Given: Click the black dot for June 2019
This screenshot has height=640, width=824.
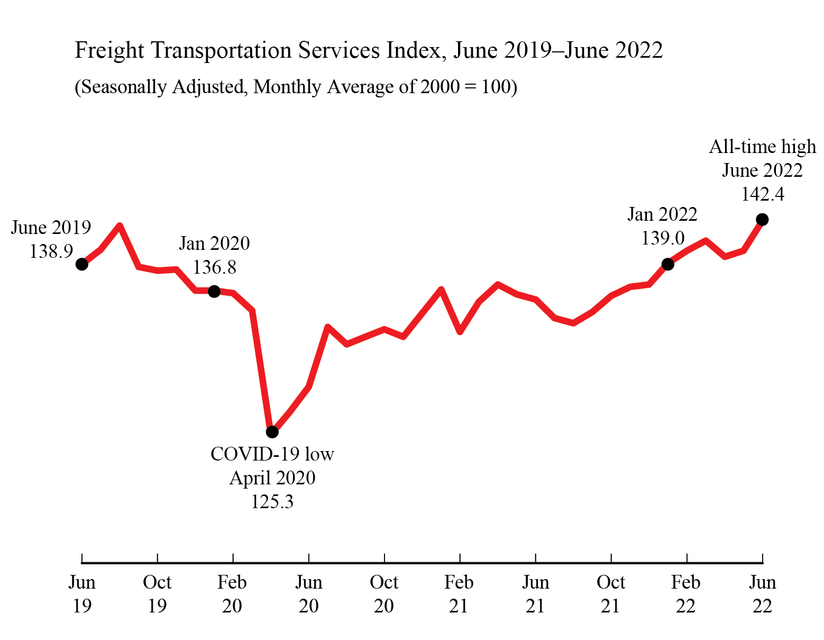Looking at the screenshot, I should [x=81, y=264].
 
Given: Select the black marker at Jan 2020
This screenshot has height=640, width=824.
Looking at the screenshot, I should [x=214, y=291].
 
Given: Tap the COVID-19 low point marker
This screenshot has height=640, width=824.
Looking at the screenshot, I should [x=272, y=432].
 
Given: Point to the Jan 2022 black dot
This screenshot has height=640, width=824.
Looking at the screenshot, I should [x=667, y=264].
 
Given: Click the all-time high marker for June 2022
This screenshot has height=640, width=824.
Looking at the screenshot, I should [x=762, y=219].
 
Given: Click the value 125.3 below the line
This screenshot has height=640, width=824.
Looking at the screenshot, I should [x=272, y=501].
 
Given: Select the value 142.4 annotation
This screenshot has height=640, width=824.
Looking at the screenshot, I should [x=762, y=194].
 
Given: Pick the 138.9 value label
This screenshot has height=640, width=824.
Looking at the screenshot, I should [x=51, y=251].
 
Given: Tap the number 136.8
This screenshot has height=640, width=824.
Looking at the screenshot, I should [x=214, y=267].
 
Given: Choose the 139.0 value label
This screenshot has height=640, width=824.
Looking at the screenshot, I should [x=663, y=238].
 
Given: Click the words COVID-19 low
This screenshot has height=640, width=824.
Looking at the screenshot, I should [x=272, y=454].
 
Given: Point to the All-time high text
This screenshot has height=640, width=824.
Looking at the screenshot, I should [x=762, y=147].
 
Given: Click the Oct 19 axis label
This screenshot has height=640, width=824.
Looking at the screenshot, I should [x=157, y=594].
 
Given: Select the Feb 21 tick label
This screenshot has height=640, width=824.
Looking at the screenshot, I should [x=459, y=594].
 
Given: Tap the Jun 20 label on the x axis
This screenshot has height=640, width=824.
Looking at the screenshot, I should [x=308, y=594].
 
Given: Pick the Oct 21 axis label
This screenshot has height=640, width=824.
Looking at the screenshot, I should [x=610, y=594].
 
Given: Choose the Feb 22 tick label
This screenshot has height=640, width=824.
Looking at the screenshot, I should [x=686, y=594].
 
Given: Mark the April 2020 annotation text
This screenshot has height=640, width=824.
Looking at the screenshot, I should [x=272, y=478].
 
